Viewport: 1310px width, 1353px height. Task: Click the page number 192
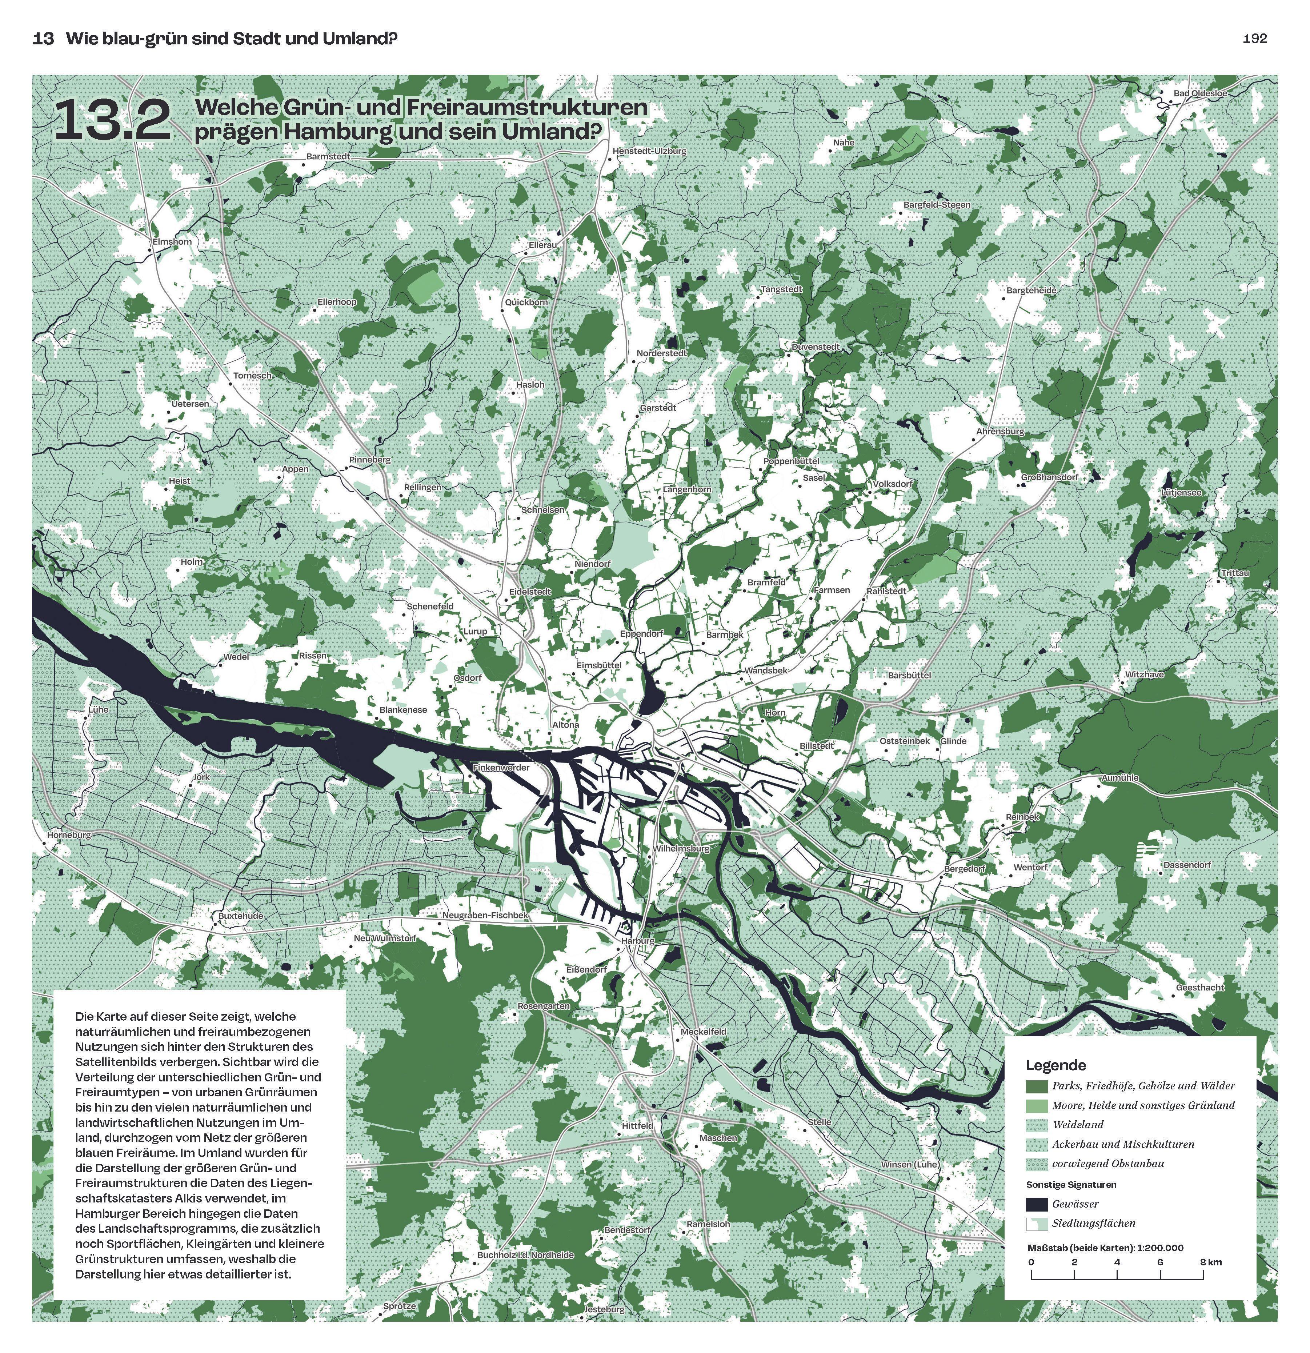1254,39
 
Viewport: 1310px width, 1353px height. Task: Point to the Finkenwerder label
501,768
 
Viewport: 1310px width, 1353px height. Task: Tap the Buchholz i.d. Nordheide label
526,1255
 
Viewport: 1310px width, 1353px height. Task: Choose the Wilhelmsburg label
681,848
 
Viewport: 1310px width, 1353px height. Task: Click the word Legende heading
1055,1065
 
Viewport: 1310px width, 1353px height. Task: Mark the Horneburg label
69,835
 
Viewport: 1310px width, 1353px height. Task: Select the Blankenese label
403,710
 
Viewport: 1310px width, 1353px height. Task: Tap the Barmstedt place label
329,157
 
